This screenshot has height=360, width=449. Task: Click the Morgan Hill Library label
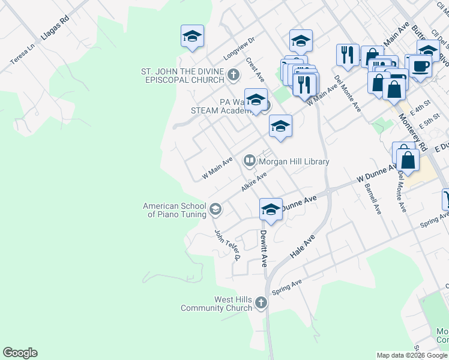pos(294,161)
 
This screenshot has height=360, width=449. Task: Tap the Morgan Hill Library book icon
pos(249,161)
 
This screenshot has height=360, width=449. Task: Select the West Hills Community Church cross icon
pos(261,303)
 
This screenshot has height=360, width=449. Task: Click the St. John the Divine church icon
pos(234,76)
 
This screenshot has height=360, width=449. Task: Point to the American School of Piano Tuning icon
pos(216,209)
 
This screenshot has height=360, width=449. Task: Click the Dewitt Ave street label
pos(263,248)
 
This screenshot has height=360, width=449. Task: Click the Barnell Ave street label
pos(373,199)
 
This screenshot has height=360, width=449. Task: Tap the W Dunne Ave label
pos(376,175)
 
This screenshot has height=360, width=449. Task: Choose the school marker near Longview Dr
pos(192,36)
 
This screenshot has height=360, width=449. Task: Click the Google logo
pos(20,353)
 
